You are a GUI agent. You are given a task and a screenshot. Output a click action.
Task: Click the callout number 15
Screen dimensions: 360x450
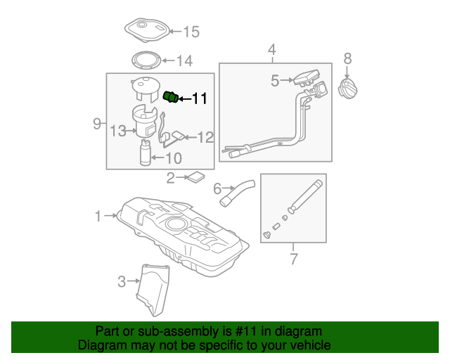click(191, 31)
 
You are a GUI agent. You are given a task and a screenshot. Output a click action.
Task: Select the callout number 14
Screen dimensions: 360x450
click(184, 61)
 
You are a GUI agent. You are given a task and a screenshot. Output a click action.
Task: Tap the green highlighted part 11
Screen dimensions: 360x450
click(172, 97)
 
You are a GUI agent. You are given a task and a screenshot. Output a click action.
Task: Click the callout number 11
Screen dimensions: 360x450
click(200, 99)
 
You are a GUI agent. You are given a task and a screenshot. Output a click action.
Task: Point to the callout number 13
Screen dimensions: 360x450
click(117, 129)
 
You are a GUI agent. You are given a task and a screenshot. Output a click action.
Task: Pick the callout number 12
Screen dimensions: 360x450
click(205, 138)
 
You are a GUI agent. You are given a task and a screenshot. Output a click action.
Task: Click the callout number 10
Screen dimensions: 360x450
click(173, 158)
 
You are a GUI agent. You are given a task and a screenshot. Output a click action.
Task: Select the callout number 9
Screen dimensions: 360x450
click(98, 124)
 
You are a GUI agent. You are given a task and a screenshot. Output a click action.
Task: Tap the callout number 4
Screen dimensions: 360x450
click(272, 49)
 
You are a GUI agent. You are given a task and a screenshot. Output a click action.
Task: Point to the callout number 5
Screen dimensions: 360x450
click(275, 82)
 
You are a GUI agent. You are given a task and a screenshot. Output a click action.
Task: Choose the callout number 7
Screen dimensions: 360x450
click(294, 259)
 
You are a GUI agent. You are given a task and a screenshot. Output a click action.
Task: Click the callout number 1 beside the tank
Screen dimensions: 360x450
click(98, 217)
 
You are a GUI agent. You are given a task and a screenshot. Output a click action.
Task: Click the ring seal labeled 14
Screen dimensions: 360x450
click(148, 62)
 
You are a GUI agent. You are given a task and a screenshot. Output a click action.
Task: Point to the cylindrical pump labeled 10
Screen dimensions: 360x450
click(146, 154)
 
